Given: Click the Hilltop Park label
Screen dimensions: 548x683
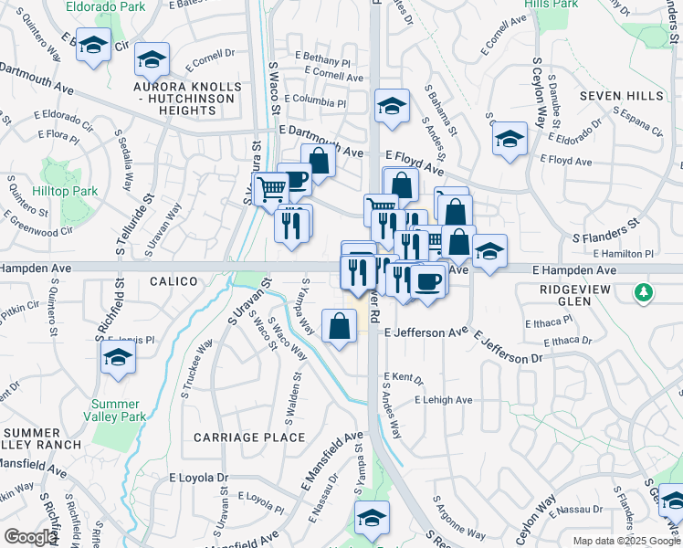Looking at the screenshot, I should [x=71, y=192].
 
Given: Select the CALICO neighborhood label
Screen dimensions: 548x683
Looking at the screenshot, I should [x=171, y=282].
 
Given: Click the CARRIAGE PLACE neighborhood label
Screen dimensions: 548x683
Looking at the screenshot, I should [x=249, y=437].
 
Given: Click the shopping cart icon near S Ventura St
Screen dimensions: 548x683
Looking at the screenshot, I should [x=272, y=190].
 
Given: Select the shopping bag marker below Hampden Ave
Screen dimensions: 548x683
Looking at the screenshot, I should [x=339, y=326].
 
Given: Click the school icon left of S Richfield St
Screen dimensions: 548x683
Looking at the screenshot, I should [x=118, y=359].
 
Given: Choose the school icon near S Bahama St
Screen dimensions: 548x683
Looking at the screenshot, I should [x=392, y=106].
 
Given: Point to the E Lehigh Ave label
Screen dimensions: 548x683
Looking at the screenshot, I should [x=443, y=400].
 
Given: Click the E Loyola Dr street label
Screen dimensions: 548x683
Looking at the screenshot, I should [x=198, y=478].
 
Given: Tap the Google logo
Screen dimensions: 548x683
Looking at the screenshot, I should [x=30, y=537].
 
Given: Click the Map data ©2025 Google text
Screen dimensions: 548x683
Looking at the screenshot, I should [x=626, y=541].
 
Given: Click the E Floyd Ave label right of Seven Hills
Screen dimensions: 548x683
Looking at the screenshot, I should [x=566, y=160].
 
